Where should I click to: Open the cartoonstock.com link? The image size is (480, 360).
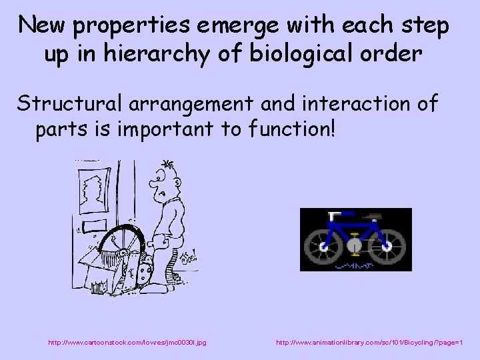[x=127, y=342]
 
